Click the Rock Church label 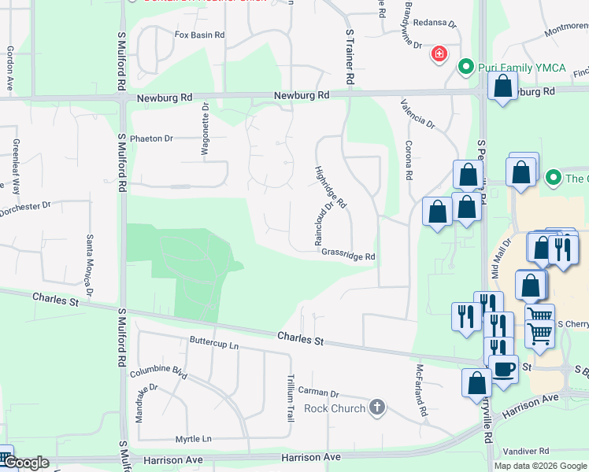(x=335, y=408)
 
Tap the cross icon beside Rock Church (x=377, y=407)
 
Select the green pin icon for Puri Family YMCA (x=465, y=68)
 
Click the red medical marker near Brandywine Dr (x=438, y=55)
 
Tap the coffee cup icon (x=503, y=368)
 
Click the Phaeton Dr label (x=152, y=138)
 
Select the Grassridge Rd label (x=348, y=256)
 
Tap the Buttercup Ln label (x=213, y=343)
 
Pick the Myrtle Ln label (x=194, y=438)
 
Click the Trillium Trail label (x=291, y=397)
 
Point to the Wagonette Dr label (x=206, y=130)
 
